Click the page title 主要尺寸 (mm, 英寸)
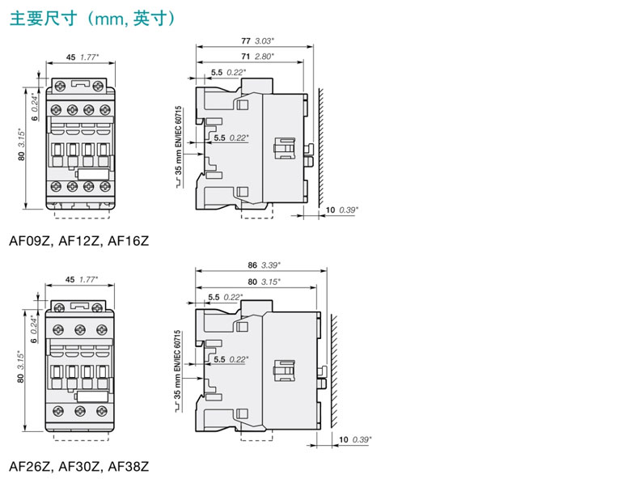[92, 19]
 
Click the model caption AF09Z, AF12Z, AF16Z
[79, 241]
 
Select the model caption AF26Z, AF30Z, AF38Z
[79, 466]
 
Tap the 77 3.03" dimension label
[257, 40]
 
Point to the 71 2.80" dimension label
[257, 57]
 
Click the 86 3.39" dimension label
[264, 265]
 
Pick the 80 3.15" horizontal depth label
[264, 282]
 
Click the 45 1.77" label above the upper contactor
[83, 57]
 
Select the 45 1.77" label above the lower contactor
[82, 279]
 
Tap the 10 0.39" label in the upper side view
[342, 210]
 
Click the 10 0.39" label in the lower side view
[355, 439]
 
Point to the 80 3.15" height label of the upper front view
[21, 145]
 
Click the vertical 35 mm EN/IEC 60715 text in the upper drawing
[179, 146]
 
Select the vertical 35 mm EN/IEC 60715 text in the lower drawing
[177, 371]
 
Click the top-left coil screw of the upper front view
[61, 86]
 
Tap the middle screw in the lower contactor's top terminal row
[80, 330]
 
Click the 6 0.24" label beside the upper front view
[35, 107]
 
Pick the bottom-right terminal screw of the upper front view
[105, 187]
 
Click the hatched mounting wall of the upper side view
[321, 147]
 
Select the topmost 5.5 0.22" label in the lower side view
[226, 297]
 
